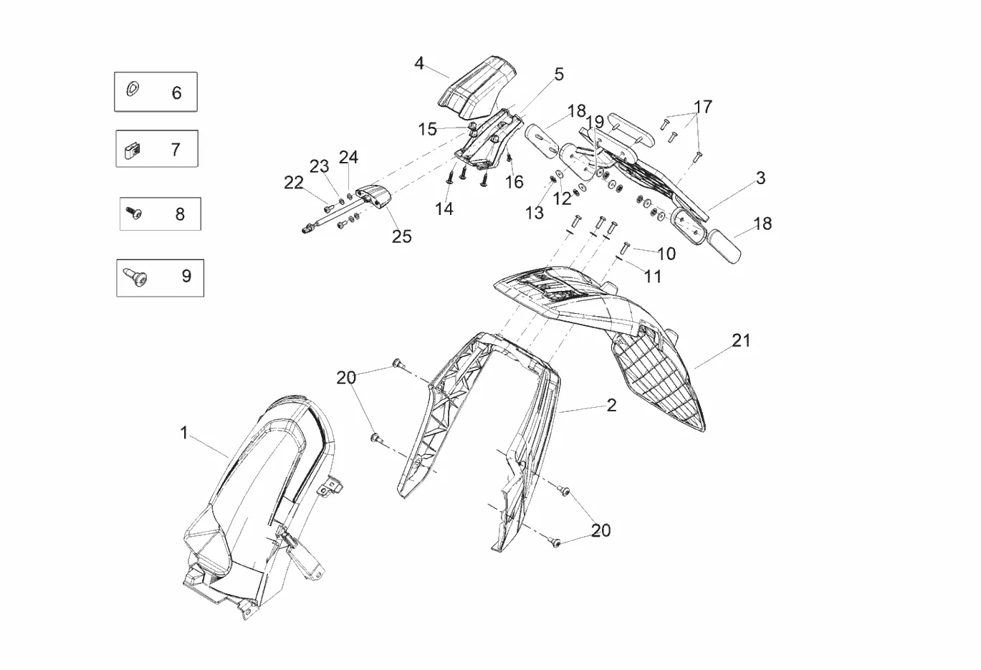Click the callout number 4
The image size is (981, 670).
click(419, 64)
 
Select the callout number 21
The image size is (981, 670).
click(741, 340)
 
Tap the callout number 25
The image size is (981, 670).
click(401, 236)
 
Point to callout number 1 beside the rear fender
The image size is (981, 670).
click(184, 433)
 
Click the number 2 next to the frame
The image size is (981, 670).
click(611, 405)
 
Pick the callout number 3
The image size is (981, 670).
click(760, 178)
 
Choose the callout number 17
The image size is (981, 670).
click(703, 107)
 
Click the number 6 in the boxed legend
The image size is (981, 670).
click(176, 92)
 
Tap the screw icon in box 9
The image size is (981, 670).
click(135, 277)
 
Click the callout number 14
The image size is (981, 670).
click(444, 209)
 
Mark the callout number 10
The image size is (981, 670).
click(666, 253)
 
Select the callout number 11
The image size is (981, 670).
click(652, 276)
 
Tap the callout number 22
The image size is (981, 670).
click(294, 183)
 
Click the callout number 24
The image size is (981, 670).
click(348, 157)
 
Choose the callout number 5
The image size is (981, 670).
click(559, 74)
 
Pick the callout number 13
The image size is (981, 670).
click(535, 213)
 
